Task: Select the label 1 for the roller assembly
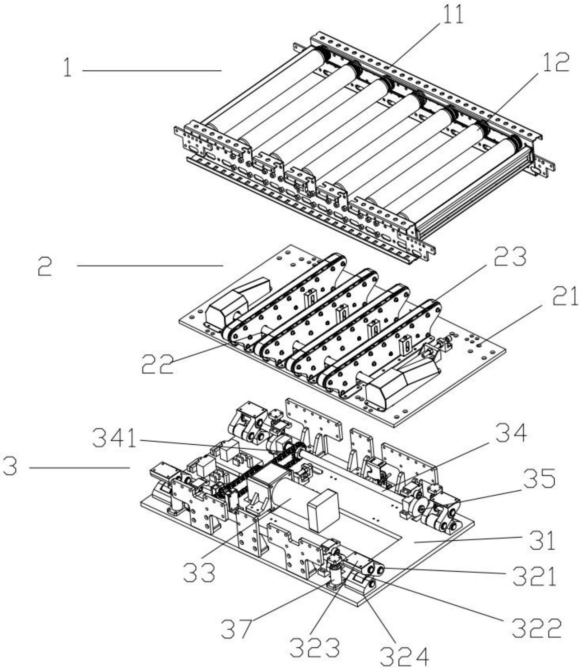[67, 68]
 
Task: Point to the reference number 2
[45, 266]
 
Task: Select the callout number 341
[115, 439]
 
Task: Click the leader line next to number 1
[152, 71]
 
